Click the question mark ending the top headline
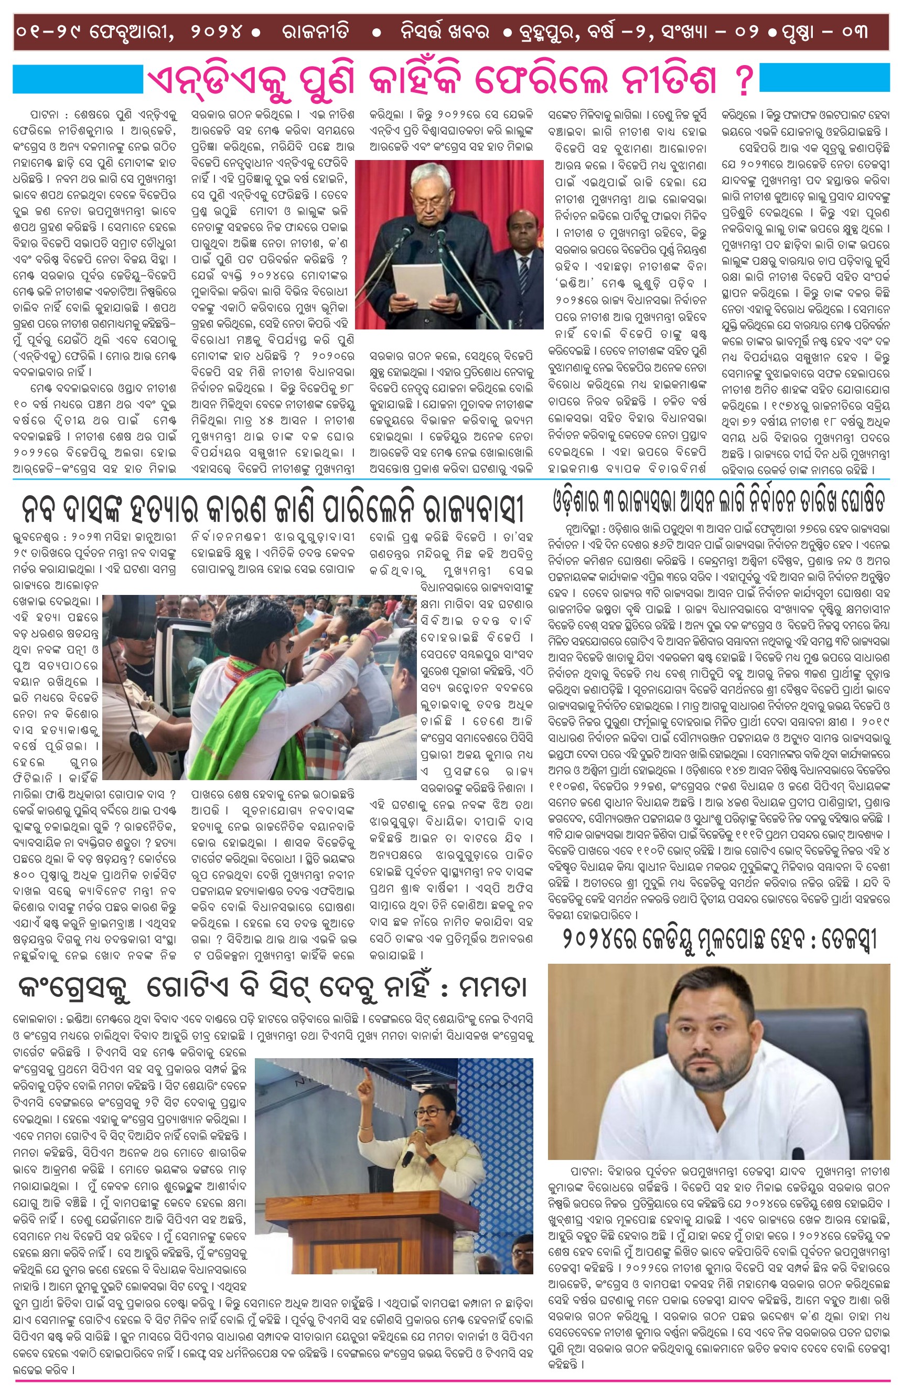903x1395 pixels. tap(744, 81)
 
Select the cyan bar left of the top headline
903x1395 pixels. tap(78, 79)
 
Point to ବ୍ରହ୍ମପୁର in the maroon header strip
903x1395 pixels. tap(547, 31)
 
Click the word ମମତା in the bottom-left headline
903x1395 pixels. tap(492, 989)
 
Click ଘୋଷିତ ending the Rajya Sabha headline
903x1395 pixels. tap(853, 502)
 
